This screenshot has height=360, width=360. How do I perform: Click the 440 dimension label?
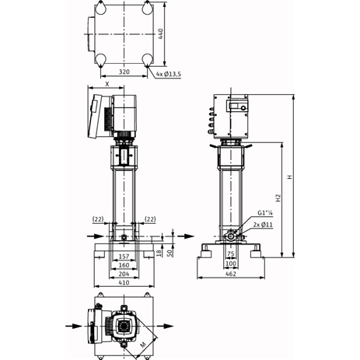point(161,34)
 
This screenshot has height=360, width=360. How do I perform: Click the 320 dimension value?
point(124,72)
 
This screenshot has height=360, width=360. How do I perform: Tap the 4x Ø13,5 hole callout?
point(169,75)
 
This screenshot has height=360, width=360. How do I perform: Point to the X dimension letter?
point(107,84)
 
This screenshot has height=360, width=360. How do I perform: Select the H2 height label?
point(278,197)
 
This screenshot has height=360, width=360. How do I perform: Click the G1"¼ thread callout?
point(265,213)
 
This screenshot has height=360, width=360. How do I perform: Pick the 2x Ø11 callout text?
point(263,225)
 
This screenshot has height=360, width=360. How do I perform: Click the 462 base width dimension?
point(231,274)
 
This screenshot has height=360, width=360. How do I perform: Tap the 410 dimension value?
point(124,282)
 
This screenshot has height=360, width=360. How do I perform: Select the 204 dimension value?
point(124,274)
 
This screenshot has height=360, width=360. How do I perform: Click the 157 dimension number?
point(124,257)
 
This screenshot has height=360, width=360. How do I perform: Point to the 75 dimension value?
point(231,254)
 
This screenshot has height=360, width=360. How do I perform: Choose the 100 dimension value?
point(231,264)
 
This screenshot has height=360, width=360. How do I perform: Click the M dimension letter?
point(143,344)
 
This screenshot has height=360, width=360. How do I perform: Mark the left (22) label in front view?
point(98,219)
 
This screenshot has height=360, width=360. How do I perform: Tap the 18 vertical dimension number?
point(159,252)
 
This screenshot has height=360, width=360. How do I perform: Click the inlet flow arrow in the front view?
point(96,236)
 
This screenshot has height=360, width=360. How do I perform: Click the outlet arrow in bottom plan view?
point(165,326)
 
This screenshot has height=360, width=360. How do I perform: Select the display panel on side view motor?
point(237,106)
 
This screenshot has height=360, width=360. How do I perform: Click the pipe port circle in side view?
point(230,236)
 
